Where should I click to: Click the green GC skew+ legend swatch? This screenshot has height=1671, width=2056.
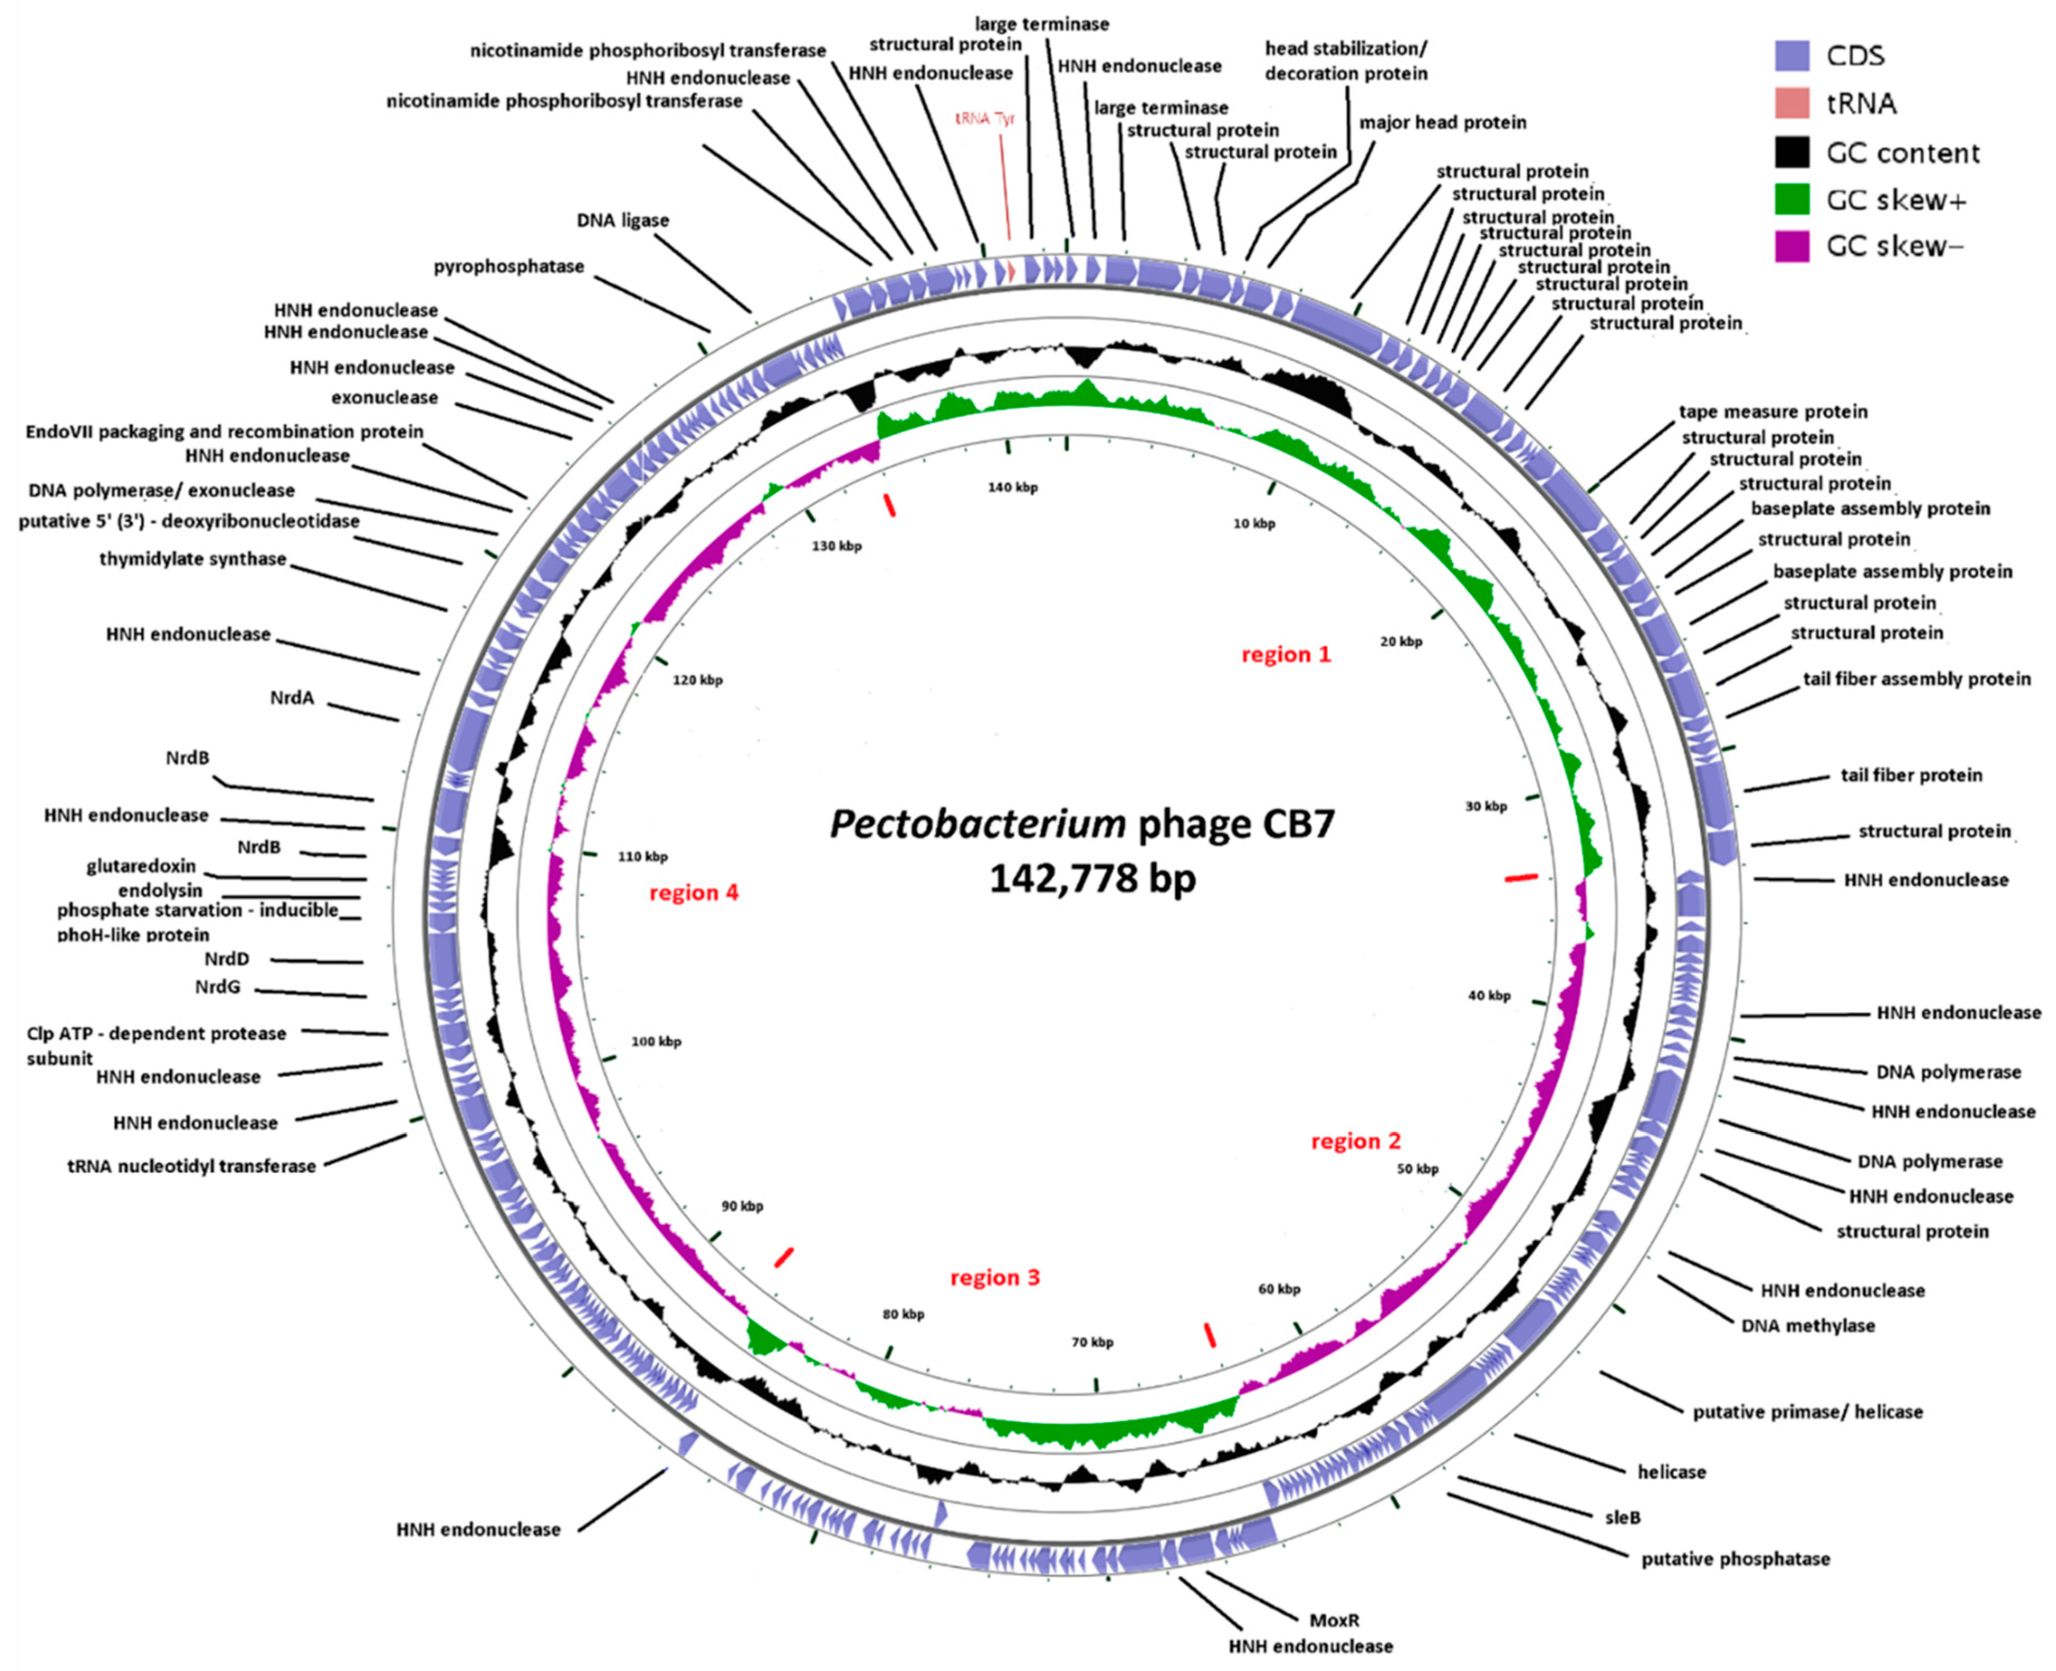[1791, 199]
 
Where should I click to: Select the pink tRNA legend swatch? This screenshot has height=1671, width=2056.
[1791, 103]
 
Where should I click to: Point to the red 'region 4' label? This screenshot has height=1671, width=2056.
[693, 892]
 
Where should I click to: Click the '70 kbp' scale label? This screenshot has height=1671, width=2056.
[1092, 1342]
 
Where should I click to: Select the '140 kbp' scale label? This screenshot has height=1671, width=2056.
[1013, 487]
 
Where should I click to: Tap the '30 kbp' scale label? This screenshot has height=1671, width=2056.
[1485, 806]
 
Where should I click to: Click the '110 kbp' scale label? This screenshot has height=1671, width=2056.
[642, 856]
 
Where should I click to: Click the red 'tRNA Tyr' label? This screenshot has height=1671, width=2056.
[985, 119]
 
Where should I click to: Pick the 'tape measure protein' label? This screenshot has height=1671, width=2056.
[1773, 412]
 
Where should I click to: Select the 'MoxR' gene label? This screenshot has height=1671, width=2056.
[1334, 1620]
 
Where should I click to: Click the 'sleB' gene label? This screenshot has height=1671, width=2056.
[1622, 1517]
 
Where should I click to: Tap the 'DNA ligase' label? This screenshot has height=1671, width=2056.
[623, 220]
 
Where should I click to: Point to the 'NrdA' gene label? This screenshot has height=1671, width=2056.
[291, 698]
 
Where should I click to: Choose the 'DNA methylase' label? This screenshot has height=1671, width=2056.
[1807, 1326]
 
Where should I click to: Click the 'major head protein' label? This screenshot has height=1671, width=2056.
[1442, 122]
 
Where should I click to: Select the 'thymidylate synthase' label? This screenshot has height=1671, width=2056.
[192, 559]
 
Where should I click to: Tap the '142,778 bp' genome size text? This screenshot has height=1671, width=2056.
[1092, 878]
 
